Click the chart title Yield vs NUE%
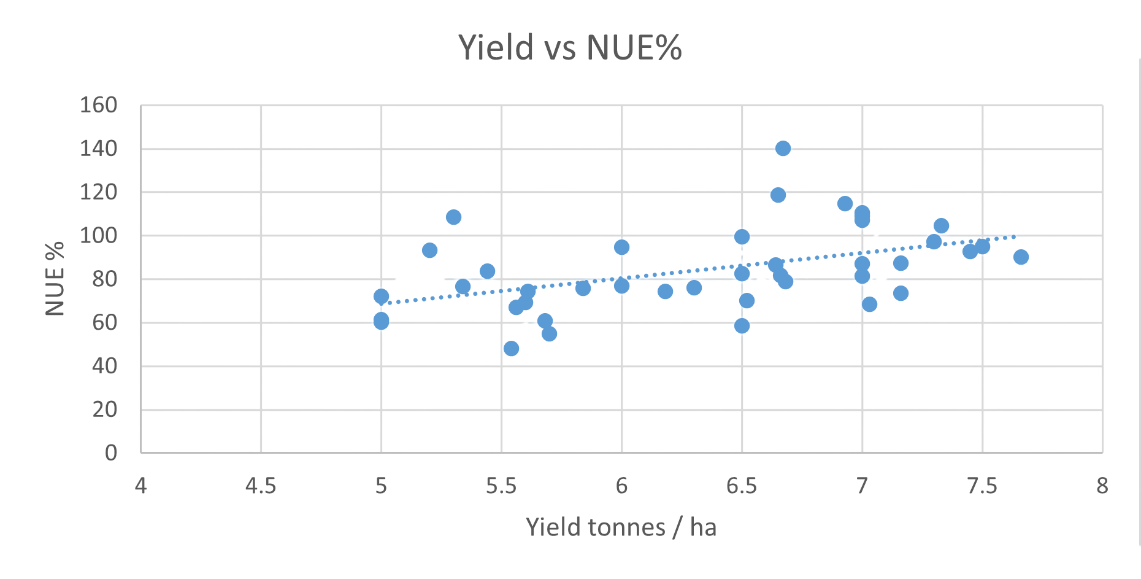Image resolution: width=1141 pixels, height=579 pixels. coord(570,47)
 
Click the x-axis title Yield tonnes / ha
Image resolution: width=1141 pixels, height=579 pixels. coord(621,527)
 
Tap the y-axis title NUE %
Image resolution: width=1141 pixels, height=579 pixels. coord(55,279)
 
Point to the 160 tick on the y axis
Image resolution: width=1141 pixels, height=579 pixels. coord(98,105)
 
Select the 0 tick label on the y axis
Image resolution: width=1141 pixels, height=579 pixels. coord(111,453)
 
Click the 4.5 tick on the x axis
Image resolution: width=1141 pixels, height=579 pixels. coord(261,486)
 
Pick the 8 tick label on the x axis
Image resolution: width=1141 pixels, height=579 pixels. coord(1102,486)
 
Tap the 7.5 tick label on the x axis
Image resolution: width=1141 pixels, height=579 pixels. coord(982,486)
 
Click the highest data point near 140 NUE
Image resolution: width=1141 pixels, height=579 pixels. coord(783,149)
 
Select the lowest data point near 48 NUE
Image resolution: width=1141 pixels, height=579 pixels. coord(511,349)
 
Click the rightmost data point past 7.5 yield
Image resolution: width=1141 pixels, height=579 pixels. coord(1021,257)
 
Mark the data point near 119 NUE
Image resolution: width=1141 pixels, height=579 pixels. coord(778,195)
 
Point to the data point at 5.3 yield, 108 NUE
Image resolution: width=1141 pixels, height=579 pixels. coord(453,217)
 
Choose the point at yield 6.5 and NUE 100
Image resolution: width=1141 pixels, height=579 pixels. coord(742,237)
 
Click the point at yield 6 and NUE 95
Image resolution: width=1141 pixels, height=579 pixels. coord(621,247)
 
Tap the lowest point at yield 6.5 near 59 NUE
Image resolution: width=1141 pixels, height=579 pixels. coord(742,325)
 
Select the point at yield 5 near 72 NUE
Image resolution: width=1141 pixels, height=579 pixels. coord(381,297)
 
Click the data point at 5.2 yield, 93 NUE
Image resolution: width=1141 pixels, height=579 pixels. coord(429,251)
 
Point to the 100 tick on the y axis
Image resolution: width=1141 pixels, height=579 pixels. coord(98,235)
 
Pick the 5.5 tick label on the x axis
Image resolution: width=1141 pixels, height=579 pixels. coord(501,486)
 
